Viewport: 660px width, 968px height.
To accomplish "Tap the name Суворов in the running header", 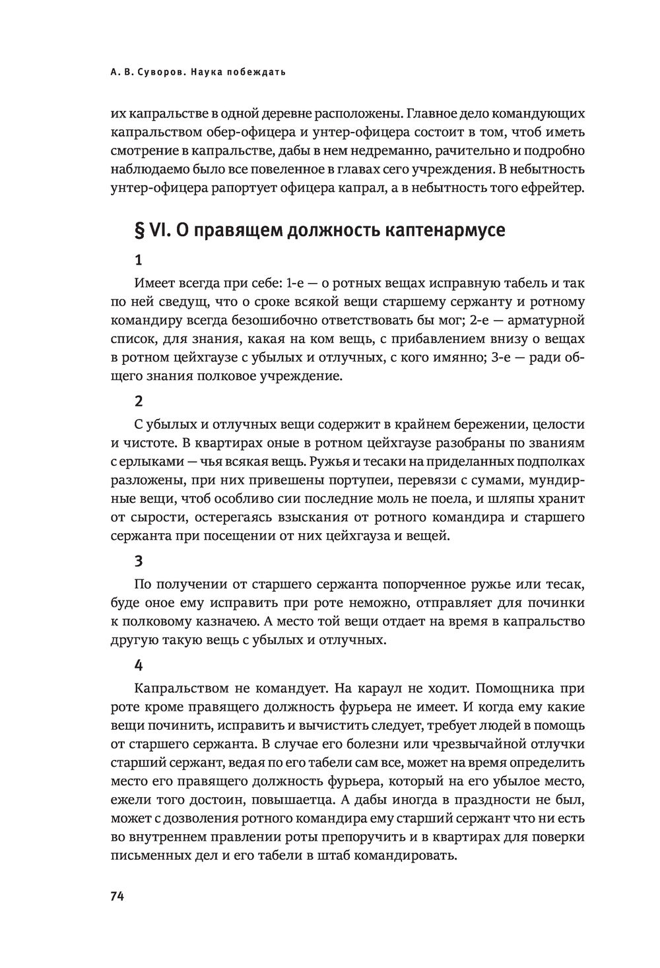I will coord(154,72).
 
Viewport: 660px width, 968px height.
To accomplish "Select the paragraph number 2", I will coord(138,401).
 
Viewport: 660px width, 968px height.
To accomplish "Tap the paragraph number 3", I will coord(138,561).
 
